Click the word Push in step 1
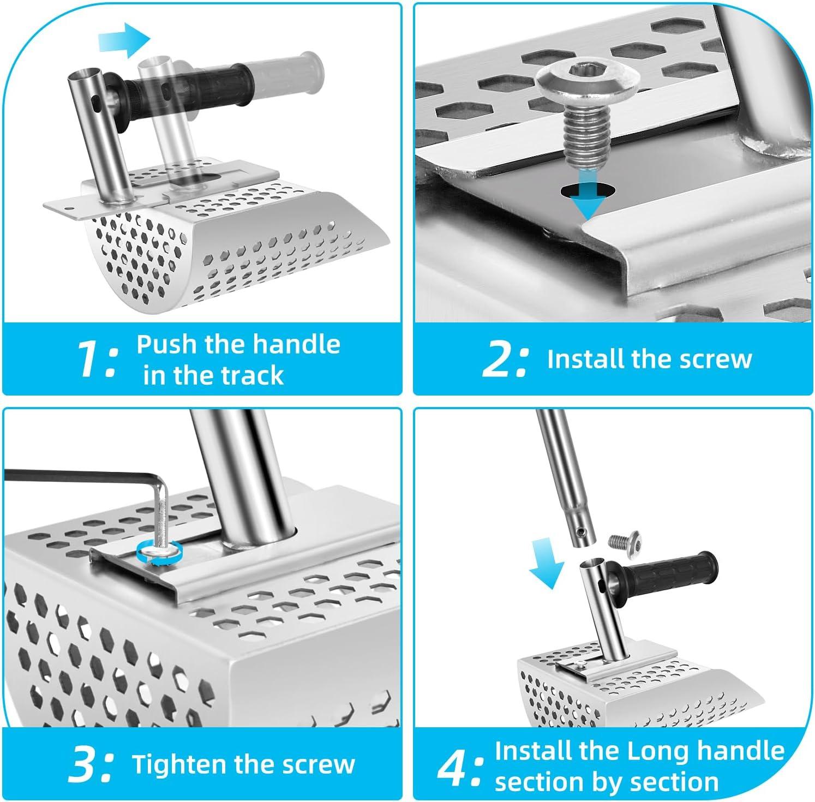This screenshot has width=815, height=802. [x=167, y=344]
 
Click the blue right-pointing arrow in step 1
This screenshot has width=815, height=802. [x=124, y=40]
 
